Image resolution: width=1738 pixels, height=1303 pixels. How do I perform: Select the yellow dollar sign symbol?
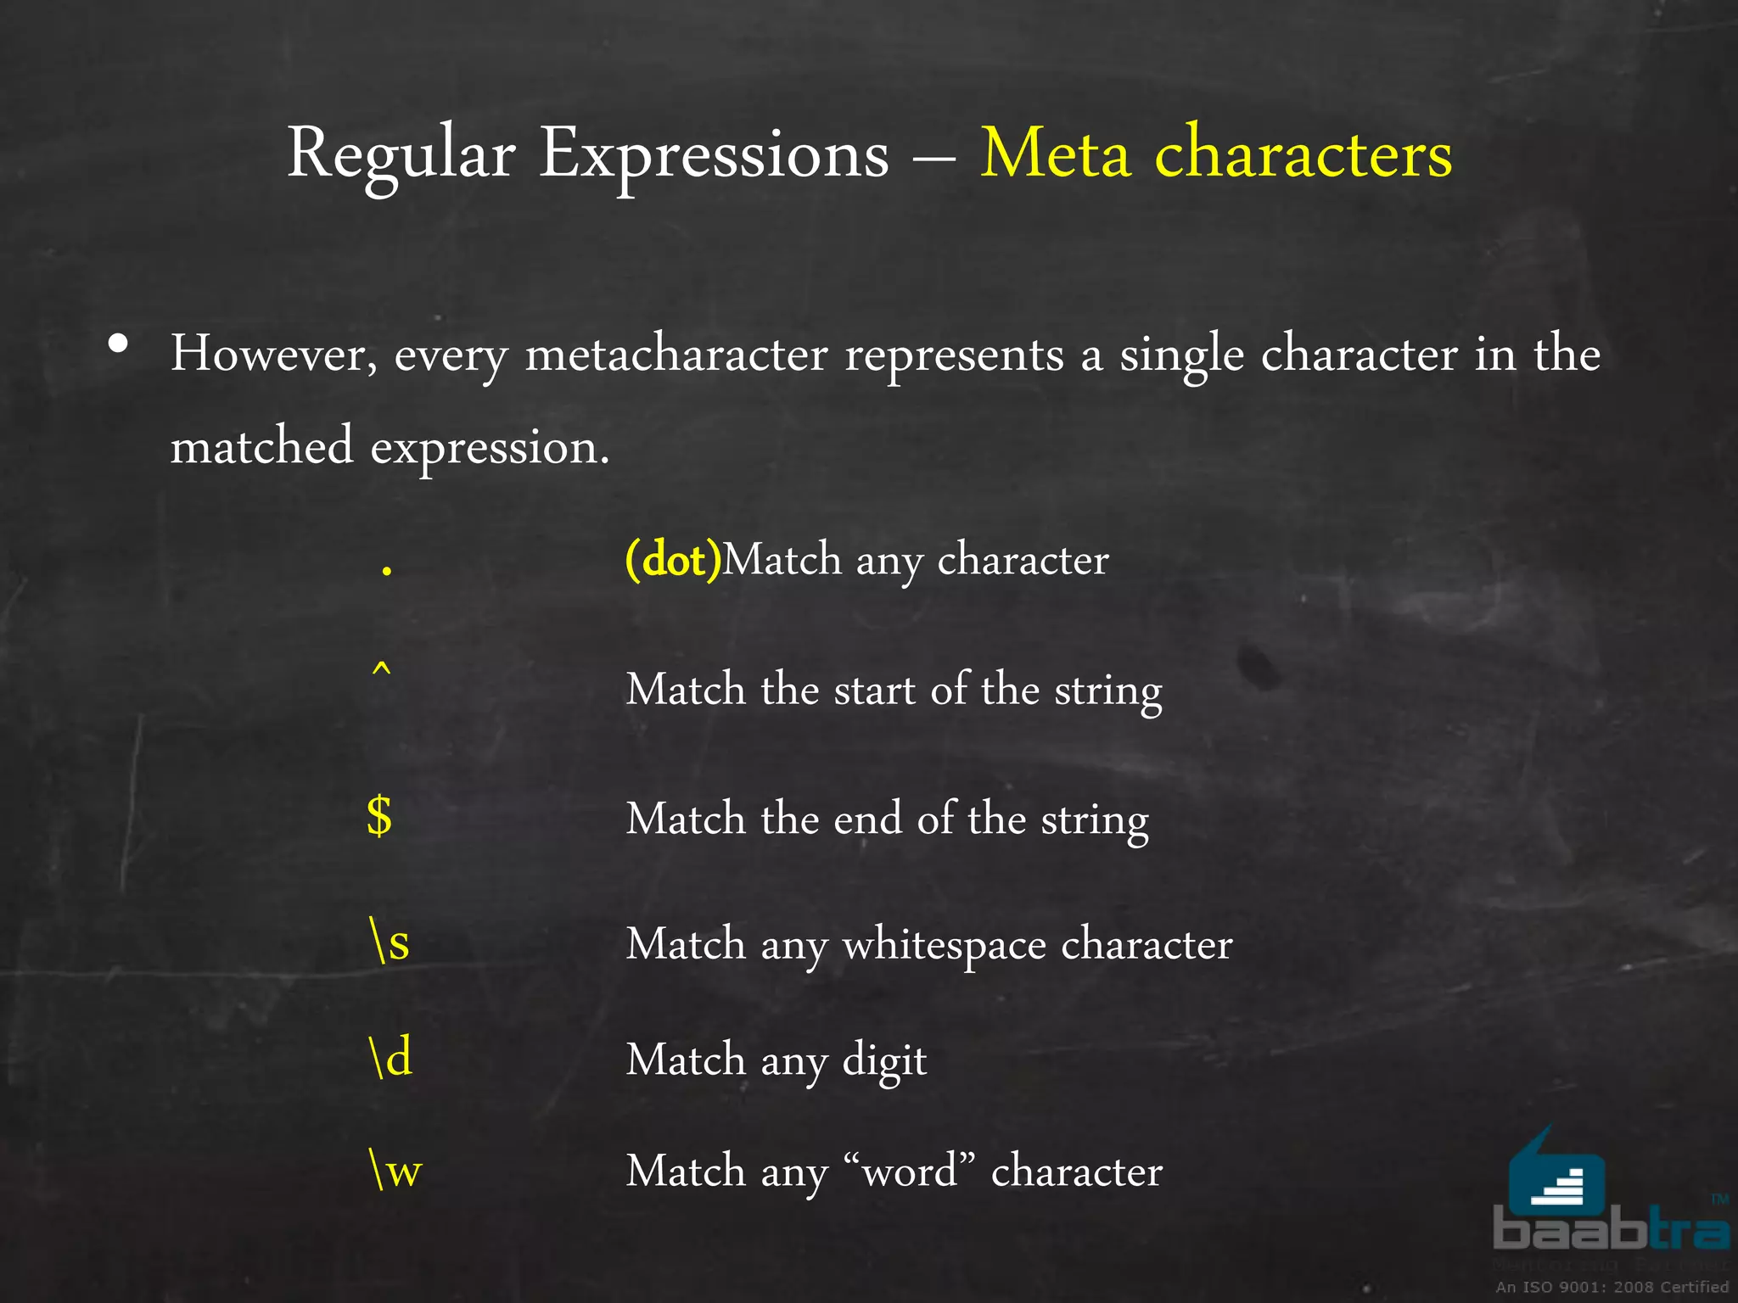click(379, 817)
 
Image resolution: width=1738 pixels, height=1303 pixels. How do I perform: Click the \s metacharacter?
click(390, 942)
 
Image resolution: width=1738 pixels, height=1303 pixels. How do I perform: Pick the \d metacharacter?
click(390, 1058)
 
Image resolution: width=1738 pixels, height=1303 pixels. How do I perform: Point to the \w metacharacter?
click(395, 1170)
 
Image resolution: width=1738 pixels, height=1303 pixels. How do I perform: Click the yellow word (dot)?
click(673, 560)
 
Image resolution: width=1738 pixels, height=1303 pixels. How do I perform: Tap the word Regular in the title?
click(401, 155)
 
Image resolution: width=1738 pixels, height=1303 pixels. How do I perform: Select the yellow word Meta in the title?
click(1056, 155)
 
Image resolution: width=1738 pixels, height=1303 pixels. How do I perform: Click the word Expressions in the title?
click(714, 155)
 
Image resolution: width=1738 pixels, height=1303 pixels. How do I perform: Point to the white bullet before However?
click(119, 344)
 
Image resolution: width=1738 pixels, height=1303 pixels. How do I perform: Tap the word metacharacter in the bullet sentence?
click(676, 354)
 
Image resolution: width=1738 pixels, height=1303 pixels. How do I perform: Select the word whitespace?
click(944, 944)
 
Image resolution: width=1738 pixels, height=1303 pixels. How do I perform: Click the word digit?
click(884, 1061)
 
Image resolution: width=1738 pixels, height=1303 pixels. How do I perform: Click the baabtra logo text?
click(1610, 1230)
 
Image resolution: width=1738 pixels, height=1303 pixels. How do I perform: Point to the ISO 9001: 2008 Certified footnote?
click(1612, 1287)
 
